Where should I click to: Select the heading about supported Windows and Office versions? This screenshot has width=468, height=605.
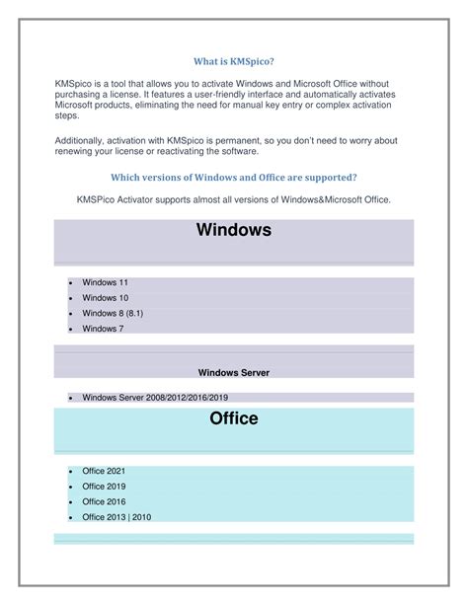tap(234, 177)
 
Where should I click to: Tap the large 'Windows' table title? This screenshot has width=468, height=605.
tap(234, 231)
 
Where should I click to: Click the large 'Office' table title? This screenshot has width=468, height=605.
tap(234, 419)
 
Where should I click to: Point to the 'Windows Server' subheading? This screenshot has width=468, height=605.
tap(234, 372)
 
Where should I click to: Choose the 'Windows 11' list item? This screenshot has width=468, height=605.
tap(105, 282)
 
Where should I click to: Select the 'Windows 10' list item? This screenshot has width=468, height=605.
tap(105, 297)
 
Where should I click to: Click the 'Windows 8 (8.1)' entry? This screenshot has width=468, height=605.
tap(112, 313)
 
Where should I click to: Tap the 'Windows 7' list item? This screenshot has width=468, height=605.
tap(103, 328)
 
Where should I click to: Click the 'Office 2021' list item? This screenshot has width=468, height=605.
tap(104, 472)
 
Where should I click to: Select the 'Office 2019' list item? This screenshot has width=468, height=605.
tap(104, 487)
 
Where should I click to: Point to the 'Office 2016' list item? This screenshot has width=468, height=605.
tap(104, 501)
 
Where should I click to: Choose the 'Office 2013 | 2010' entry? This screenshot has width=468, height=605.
tap(117, 516)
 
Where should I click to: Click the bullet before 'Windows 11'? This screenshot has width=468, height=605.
tap(72, 283)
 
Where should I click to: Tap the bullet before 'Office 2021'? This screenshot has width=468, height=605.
tap(72, 473)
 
